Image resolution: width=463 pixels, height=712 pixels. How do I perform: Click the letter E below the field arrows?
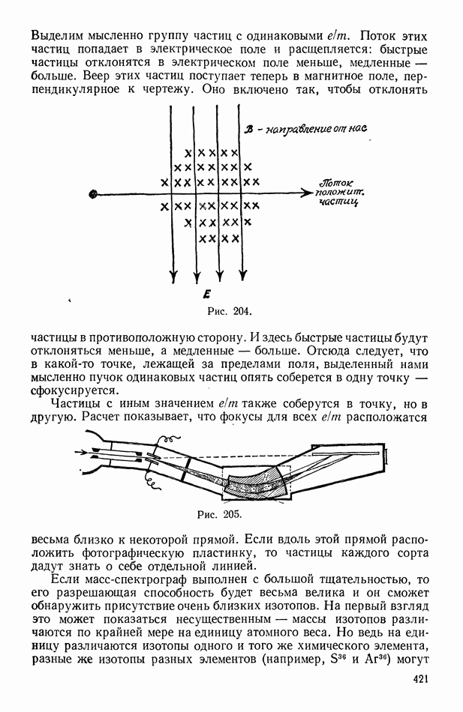tap(206, 295)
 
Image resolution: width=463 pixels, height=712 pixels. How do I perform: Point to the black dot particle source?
tap(93, 194)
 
